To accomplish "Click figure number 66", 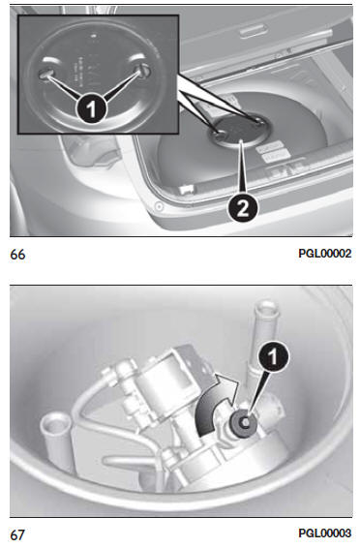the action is coord(17,254).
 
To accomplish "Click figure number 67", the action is coord(17,535).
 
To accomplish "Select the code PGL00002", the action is coord(325,254).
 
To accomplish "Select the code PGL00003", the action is coord(325,533).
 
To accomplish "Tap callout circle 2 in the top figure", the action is coord(243,208).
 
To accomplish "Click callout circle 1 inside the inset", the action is coord(91,108).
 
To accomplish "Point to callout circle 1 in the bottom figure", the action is coord(274,356).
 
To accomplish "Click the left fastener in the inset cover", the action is coord(45,73).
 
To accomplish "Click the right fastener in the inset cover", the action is coord(144,71).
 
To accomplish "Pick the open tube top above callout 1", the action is coord(267,309).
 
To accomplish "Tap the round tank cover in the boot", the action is coord(240,130).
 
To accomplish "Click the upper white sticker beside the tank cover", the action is coord(270,147).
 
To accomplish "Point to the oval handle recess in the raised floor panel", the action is coord(254,31).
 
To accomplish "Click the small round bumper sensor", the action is coord(160,206).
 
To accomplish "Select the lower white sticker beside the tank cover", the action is coord(276,156).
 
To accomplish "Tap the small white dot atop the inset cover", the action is coord(94,36).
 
